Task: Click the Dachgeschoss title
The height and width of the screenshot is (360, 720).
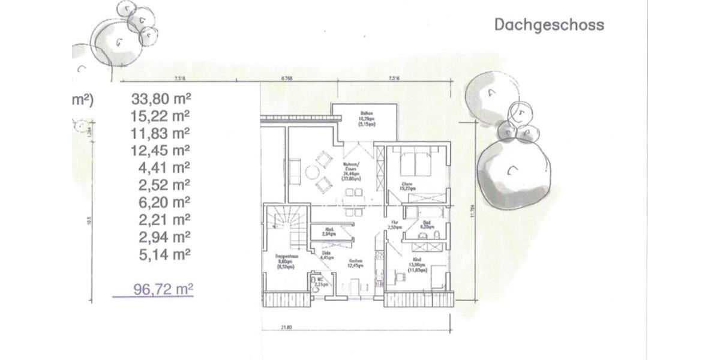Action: click(548, 25)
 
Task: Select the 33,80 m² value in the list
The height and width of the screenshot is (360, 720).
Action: click(160, 97)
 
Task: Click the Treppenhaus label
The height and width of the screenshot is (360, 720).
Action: click(284, 258)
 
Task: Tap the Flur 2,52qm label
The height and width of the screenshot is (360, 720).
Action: click(394, 225)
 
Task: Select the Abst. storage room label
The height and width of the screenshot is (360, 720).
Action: click(328, 232)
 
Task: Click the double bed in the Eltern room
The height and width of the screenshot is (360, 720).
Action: click(418, 161)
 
